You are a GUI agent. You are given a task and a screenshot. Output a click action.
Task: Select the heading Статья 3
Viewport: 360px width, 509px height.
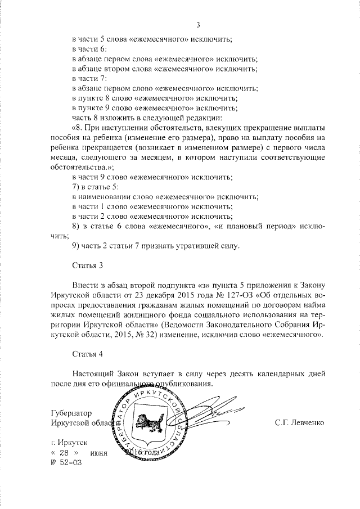[88, 264]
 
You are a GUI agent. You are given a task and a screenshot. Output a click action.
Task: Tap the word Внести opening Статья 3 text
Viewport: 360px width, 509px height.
[85, 284]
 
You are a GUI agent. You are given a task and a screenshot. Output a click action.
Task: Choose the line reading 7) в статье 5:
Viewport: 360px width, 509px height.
[95, 186]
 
